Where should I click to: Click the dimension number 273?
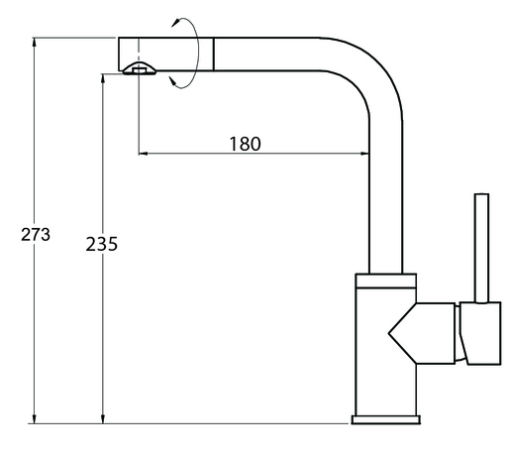pyautogui.click(x=36, y=235)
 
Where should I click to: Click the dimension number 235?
pyautogui.click(x=101, y=244)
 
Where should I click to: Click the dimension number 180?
pyautogui.click(x=245, y=144)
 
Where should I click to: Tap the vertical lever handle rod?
pyautogui.click(x=481, y=248)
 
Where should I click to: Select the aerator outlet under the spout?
pyautogui.click(x=140, y=68)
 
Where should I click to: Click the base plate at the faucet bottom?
pyautogui.click(x=385, y=419)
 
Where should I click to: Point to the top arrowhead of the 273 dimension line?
pyautogui.click(x=35, y=43)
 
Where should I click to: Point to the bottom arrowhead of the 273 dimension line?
pyautogui.click(x=35, y=418)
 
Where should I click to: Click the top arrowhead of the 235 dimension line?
pyautogui.click(x=103, y=79)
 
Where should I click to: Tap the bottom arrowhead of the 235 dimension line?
pyautogui.click(x=103, y=418)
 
